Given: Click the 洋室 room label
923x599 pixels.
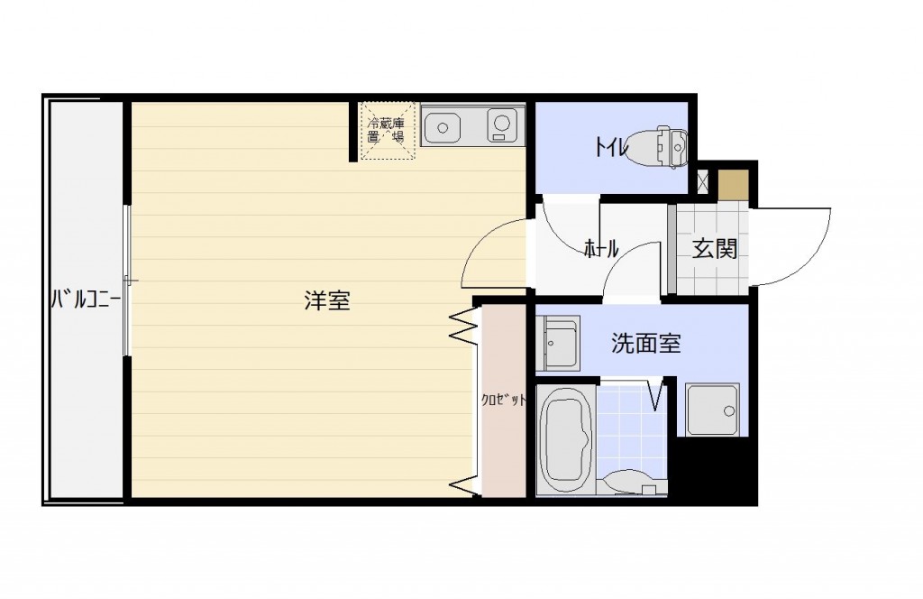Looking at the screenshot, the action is pos(327,300).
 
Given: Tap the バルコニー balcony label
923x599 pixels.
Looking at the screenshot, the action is pos(86,299).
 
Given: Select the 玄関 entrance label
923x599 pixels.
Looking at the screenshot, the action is pos(714,249).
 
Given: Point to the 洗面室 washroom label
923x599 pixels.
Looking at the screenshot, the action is pos(645,343).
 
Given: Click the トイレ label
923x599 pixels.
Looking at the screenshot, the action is pos(612,146).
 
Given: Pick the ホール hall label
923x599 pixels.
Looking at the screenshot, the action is pos(601,249).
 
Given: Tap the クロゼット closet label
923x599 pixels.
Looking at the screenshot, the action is pos(503,401).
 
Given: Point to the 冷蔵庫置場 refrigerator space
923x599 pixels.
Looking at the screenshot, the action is pos(387,131).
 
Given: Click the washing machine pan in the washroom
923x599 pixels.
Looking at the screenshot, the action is pos(712,410).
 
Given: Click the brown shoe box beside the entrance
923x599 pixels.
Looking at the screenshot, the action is pos(733,184).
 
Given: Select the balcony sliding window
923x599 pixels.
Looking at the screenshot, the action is pos(126,280).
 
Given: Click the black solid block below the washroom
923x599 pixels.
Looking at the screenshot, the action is pos(714,471).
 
